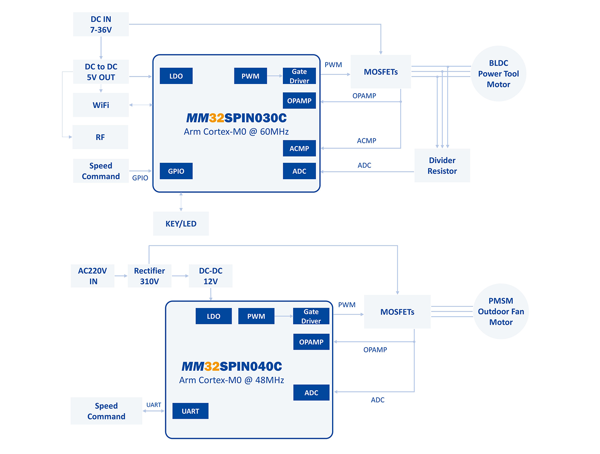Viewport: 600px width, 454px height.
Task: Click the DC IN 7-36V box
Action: tap(101, 24)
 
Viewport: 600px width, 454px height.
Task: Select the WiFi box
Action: tap(101, 105)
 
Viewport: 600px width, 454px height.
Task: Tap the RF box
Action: tap(100, 137)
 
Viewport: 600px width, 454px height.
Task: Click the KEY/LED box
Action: tap(181, 224)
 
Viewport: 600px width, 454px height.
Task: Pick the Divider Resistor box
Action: tap(442, 166)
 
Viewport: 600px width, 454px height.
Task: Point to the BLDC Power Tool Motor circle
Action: tap(498, 74)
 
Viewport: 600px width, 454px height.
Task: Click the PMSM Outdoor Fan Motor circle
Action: tap(501, 312)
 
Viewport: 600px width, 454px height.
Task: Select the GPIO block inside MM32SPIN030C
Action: tap(176, 171)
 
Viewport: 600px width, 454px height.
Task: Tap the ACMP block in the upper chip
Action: tap(299, 148)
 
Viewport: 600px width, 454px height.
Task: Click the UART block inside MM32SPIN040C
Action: tap(190, 411)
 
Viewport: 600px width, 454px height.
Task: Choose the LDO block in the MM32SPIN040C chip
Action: tap(214, 316)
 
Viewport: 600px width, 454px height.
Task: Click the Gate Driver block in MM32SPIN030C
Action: tap(299, 76)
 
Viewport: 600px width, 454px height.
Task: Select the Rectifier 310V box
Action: tap(150, 276)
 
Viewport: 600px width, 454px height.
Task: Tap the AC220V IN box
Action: tap(92, 276)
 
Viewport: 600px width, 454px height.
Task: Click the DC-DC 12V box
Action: tap(210, 276)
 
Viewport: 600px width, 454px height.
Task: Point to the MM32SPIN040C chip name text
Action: tap(232, 366)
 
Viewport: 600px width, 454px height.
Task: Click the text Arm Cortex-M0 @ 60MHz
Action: tap(236, 132)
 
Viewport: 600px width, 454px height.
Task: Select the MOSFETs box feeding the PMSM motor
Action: tap(397, 312)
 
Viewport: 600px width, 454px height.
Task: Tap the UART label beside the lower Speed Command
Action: tap(154, 405)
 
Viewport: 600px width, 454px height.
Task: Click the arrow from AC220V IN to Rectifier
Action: tap(121, 276)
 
